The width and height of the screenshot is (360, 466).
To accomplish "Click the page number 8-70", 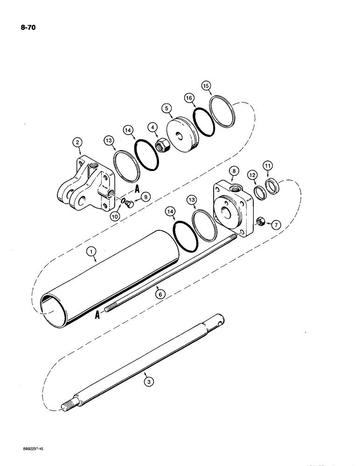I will (26, 27).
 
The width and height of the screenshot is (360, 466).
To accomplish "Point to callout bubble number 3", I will (148, 382).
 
